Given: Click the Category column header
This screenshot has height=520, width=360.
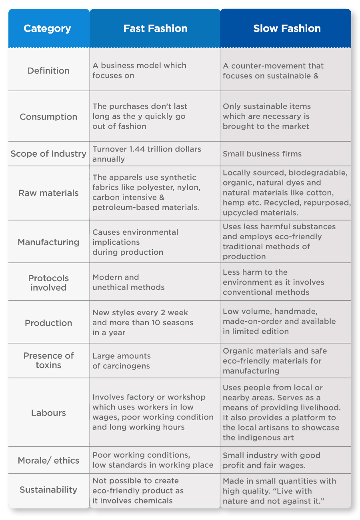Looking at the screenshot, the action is click(x=47, y=28).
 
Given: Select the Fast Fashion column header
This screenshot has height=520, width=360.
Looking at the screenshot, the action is click(x=155, y=28).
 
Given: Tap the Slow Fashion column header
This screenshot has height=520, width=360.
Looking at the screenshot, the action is click(x=287, y=28).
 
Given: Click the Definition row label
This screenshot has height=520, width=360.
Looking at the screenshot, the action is click(x=48, y=70).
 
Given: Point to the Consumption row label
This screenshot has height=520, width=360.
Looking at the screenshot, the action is click(x=48, y=117).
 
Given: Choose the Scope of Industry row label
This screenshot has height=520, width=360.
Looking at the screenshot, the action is click(x=48, y=154).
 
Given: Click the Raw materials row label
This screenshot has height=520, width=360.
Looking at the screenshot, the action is click(x=48, y=193).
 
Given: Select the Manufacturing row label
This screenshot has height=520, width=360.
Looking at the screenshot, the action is click(x=48, y=242).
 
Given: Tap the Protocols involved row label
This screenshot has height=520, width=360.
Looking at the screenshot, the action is click(x=48, y=283).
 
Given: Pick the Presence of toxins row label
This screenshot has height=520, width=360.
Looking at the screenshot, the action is click(x=48, y=360).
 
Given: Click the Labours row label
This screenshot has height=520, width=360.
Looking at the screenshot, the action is click(x=48, y=413).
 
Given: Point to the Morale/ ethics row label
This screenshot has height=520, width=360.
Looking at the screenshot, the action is click(x=48, y=460).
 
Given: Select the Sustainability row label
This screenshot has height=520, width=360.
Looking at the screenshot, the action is click(x=48, y=490).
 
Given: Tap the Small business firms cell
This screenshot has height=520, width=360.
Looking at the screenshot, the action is click(x=262, y=154).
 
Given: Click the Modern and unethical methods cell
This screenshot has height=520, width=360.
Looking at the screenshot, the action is click(x=128, y=282).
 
